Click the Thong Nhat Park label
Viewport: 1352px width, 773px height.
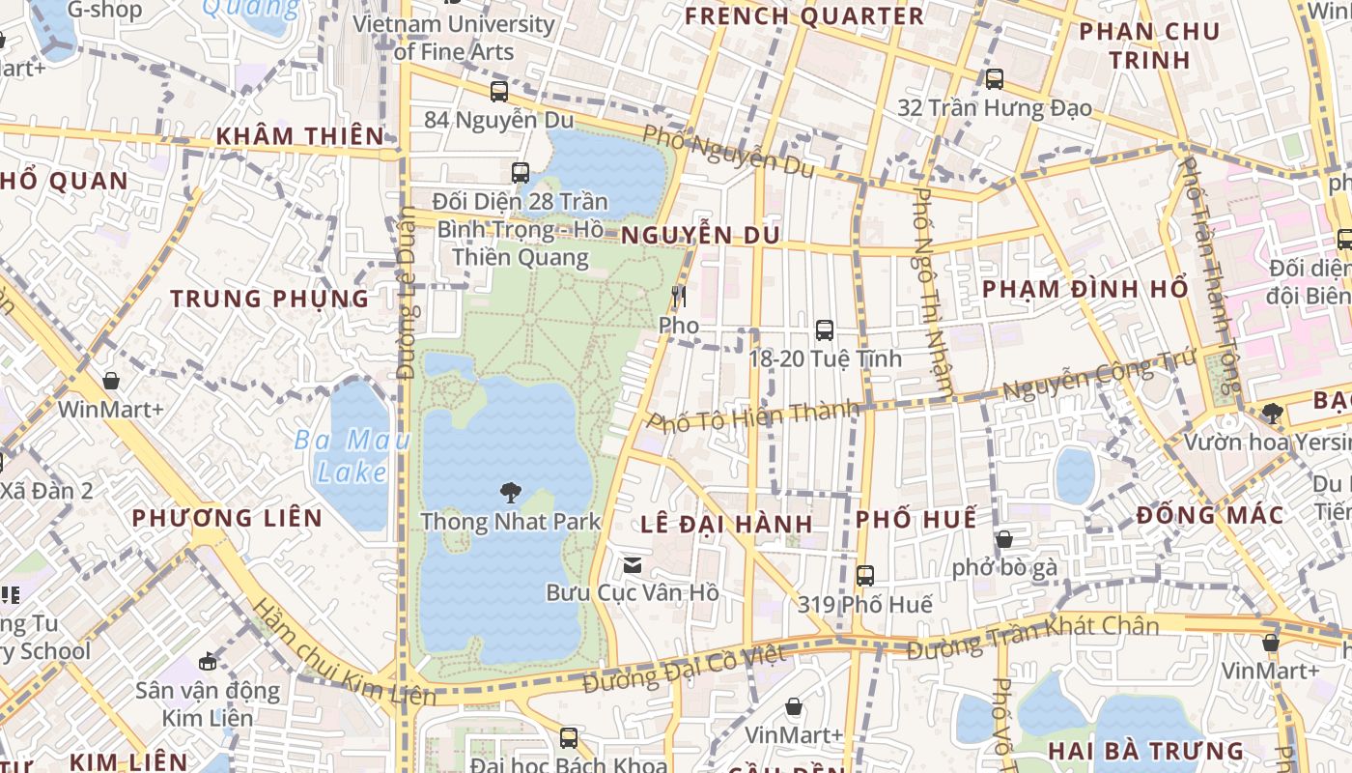tap(510, 522)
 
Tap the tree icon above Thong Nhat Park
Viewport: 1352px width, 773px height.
tap(510, 494)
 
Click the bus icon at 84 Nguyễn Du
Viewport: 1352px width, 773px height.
tap(498, 92)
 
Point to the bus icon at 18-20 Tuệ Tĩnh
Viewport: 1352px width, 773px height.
tap(825, 330)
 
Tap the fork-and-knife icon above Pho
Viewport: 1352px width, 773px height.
tap(679, 297)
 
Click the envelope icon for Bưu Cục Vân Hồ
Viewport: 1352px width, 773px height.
tap(633, 564)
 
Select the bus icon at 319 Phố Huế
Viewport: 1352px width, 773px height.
tap(865, 576)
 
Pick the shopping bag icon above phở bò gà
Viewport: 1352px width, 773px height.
tap(1004, 539)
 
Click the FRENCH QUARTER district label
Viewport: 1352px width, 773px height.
tap(804, 16)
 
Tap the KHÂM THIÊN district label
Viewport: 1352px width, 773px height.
tap(299, 136)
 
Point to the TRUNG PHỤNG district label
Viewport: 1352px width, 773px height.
tap(269, 299)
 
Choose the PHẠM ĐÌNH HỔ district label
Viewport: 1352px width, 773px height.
tap(1084, 289)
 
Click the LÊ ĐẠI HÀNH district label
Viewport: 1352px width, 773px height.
tap(726, 524)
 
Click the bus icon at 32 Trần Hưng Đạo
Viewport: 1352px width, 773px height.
tap(995, 79)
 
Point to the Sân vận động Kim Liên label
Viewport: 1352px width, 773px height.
tap(208, 704)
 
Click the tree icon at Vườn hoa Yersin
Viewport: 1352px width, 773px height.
tap(1272, 414)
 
